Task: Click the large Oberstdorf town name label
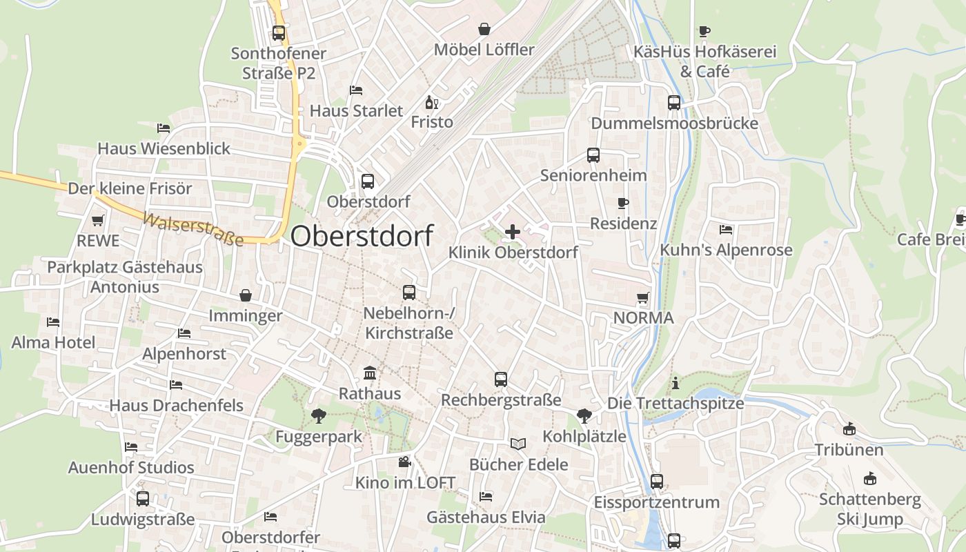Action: [x=362, y=236]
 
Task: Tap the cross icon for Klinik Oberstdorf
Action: [x=513, y=232]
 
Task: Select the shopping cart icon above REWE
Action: [x=98, y=221]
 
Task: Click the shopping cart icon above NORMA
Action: [x=643, y=298]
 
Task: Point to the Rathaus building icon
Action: [x=370, y=373]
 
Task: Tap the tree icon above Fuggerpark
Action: [x=318, y=415]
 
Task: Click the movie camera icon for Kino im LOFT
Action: [x=404, y=462]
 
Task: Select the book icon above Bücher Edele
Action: [x=518, y=444]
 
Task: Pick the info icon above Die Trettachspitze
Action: [x=676, y=383]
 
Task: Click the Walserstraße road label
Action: [x=193, y=230]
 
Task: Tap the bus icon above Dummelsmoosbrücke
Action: [x=674, y=103]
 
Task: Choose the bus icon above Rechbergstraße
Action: [x=501, y=379]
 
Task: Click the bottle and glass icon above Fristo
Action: [x=432, y=103]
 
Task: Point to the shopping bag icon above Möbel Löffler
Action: [x=484, y=29]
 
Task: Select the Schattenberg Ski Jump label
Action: [x=869, y=509]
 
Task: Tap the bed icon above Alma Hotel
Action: [x=53, y=322]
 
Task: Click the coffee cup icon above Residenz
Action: [x=623, y=203]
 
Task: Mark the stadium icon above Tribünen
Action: [x=849, y=429]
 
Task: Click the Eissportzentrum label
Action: [x=657, y=502]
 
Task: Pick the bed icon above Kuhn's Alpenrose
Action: [x=726, y=230]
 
